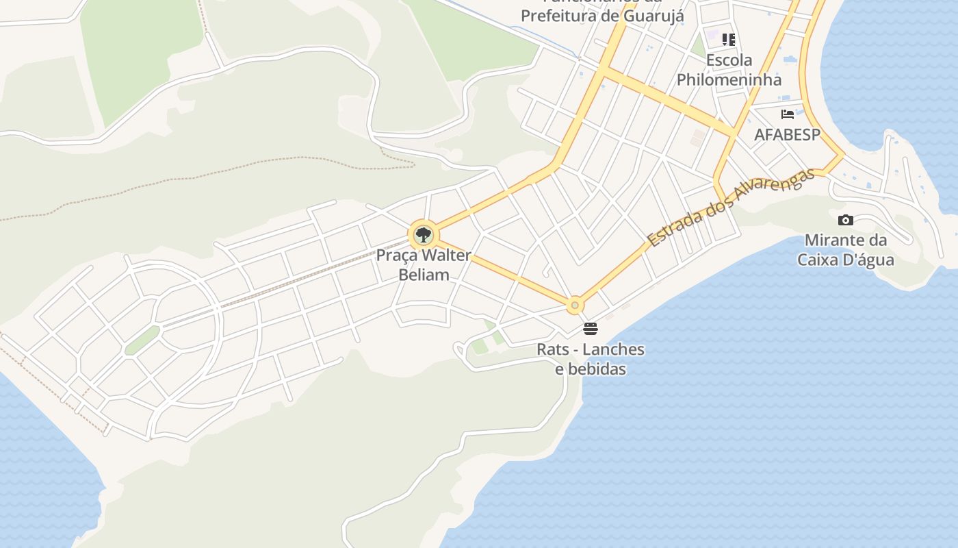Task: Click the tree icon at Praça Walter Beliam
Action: coord(424,235)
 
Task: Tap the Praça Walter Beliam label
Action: coord(424,265)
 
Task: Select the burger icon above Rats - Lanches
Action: coord(591,329)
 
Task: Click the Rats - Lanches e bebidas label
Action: coord(591,359)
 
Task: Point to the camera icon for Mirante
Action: coord(846,220)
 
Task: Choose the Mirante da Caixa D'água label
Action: coord(846,250)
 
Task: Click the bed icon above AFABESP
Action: coord(788,114)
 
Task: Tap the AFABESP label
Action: coord(787,135)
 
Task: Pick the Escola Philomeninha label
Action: coord(729,70)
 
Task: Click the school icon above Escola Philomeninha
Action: coord(729,40)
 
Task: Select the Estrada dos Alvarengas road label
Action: coord(731,207)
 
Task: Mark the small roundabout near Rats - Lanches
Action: coord(575,305)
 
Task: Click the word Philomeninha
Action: coord(729,79)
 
